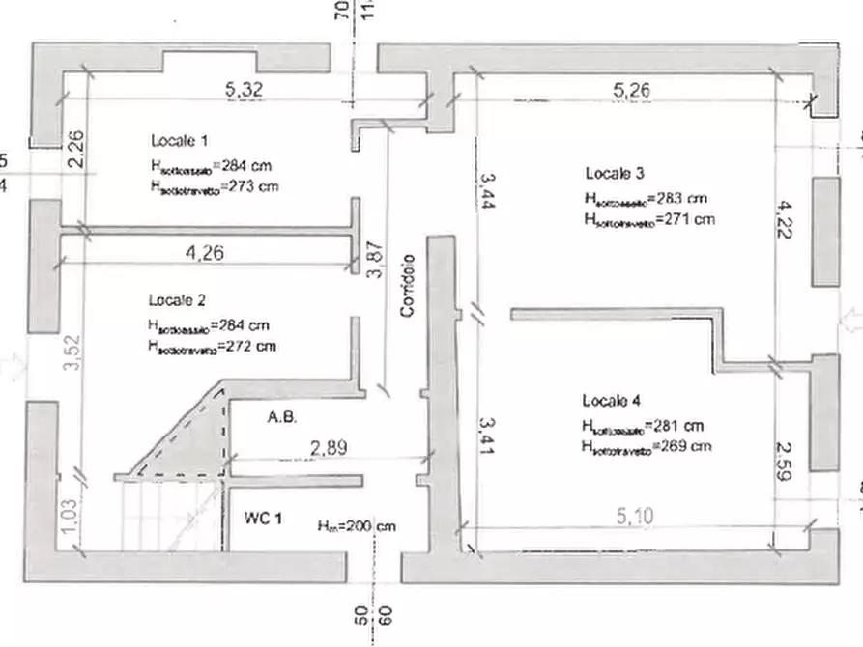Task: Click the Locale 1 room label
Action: click(179, 139)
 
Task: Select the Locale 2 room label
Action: click(177, 299)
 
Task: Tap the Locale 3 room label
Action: click(615, 174)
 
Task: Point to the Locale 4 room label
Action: click(611, 400)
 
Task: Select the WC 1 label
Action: click(263, 519)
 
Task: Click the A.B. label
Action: click(282, 418)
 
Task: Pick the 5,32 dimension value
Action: click(244, 89)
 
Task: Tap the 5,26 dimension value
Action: click(632, 90)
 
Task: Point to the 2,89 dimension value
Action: click(329, 447)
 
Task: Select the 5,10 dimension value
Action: click(634, 518)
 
